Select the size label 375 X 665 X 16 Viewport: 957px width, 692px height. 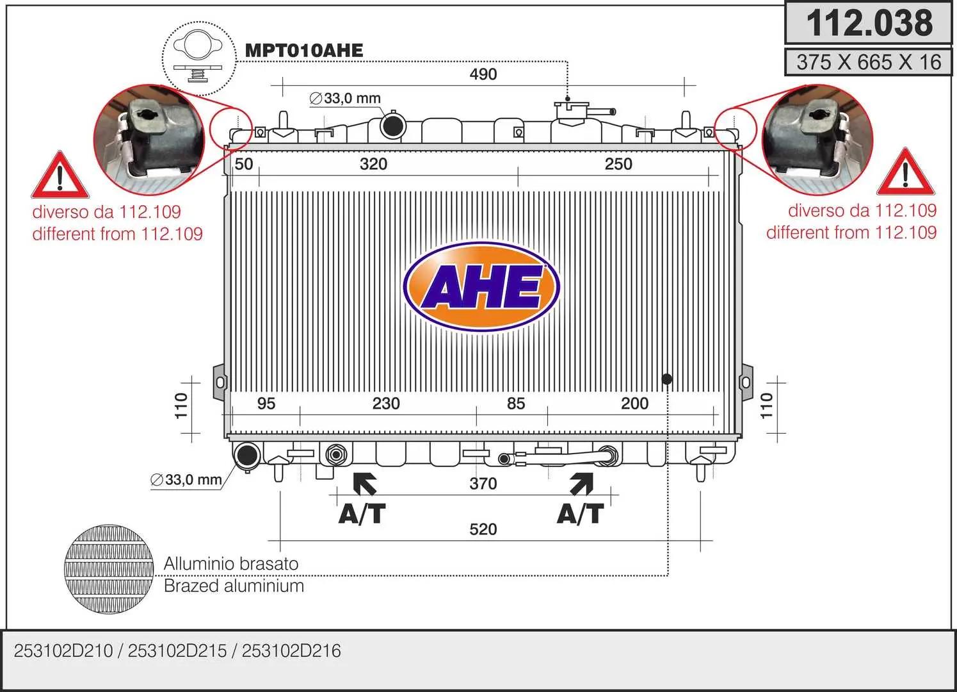(869, 62)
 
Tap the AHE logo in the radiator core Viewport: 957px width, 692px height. (481, 286)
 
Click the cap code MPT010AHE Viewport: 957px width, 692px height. (304, 51)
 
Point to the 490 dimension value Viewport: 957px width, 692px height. (483, 74)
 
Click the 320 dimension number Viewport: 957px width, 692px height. (373, 164)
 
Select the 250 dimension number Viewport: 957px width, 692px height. (618, 164)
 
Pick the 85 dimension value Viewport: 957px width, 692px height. (516, 403)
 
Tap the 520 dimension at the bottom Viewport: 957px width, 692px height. (483, 529)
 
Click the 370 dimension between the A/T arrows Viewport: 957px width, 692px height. (483, 484)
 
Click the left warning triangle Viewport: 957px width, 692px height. (60, 175)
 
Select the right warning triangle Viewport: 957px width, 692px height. (905, 172)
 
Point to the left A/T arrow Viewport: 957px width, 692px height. (364, 484)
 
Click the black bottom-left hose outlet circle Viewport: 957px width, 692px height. (247, 455)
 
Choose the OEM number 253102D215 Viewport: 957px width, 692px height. (177, 651)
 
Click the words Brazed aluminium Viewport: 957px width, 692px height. (234, 586)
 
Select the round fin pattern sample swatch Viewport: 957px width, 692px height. (109, 569)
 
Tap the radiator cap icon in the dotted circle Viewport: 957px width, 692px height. (198, 58)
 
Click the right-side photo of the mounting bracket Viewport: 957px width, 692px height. (817, 140)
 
